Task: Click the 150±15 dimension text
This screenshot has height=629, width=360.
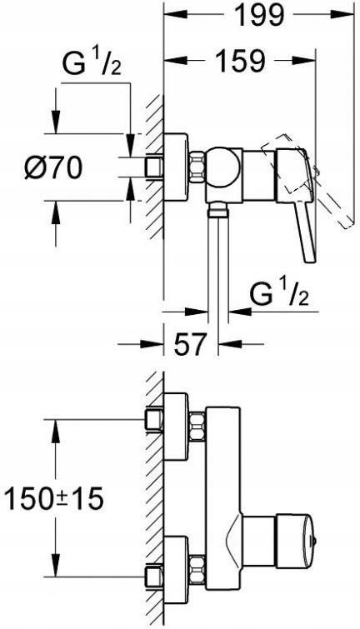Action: click(55, 500)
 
